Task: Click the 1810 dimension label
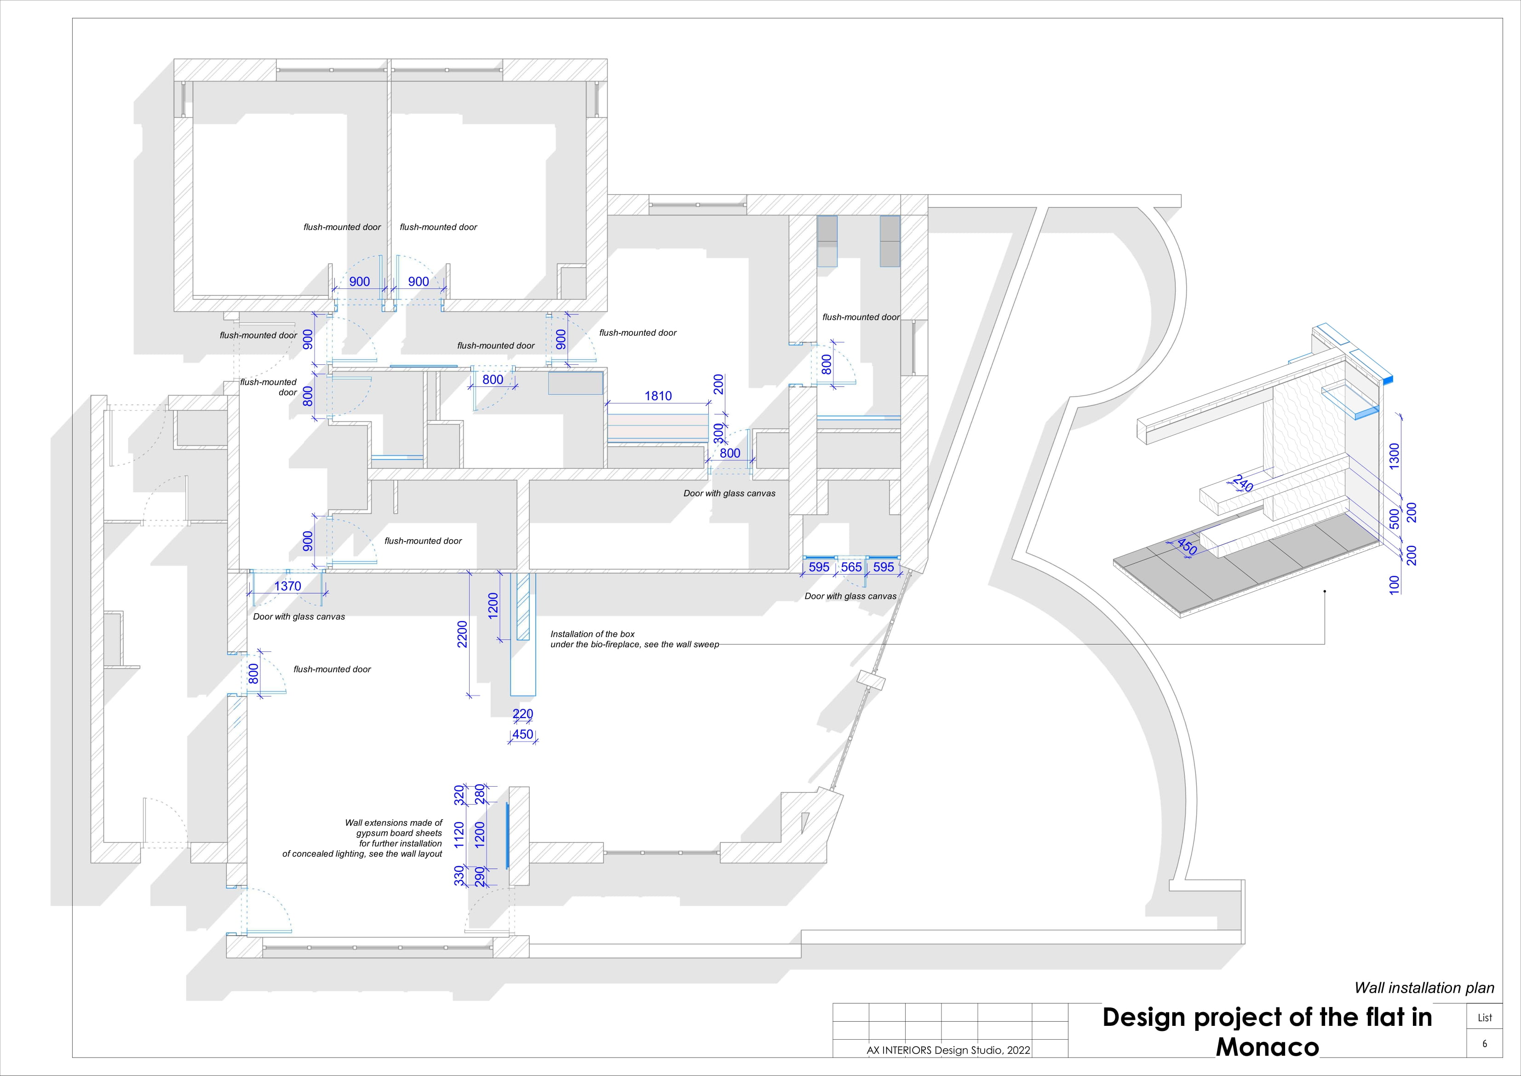pos(658,396)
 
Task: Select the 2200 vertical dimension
pos(462,634)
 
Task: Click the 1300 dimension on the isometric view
pos(1395,456)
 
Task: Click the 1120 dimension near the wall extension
pos(459,835)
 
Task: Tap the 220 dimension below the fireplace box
pos(522,713)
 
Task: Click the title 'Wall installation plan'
pos(1424,988)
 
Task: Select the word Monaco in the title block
pos(1267,1047)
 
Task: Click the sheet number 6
pos(1485,1043)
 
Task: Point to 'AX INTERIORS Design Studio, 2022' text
pos(948,1050)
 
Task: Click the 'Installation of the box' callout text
pos(592,634)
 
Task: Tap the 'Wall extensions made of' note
pos(394,823)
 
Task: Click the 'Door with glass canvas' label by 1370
pos(299,617)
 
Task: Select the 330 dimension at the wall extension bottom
pos(459,875)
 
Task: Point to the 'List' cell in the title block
pos(1485,1018)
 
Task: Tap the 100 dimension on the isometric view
pos(1395,584)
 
